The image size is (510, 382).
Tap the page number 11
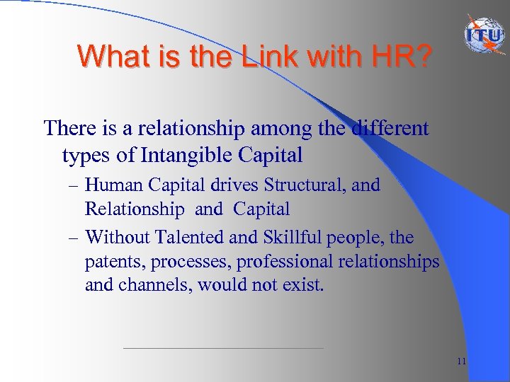pyautogui.click(x=461, y=361)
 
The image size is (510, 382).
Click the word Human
pyautogui.click(x=115, y=185)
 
